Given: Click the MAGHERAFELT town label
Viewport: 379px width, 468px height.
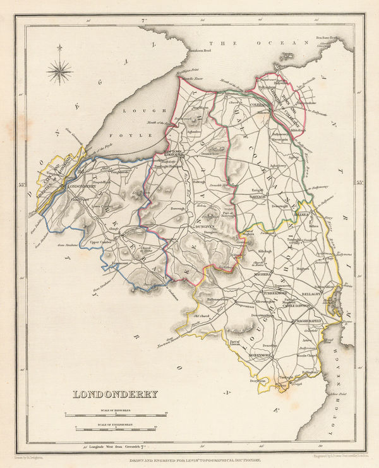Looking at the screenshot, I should tap(308, 321).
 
